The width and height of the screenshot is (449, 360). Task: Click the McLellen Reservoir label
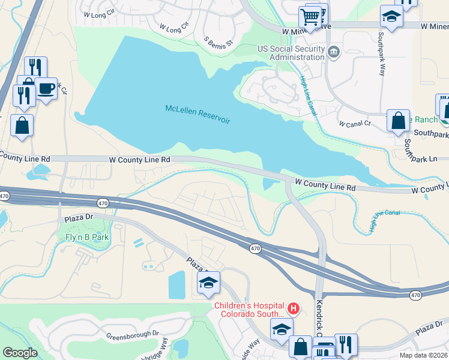tap(198, 114)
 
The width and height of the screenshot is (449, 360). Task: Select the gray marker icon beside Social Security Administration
tap(334, 53)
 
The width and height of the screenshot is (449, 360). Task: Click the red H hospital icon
tap(293, 309)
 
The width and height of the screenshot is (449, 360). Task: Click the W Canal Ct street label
tap(355, 124)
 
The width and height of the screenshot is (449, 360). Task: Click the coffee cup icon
tap(46, 89)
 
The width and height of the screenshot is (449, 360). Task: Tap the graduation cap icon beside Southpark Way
tap(391, 17)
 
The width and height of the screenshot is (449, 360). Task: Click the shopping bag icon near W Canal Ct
tap(398, 120)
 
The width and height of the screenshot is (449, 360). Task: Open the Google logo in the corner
tap(20, 353)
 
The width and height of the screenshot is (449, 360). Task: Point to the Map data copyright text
tap(423, 355)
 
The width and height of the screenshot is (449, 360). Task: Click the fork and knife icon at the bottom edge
tap(346, 345)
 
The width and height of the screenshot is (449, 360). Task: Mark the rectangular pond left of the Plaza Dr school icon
tap(177, 284)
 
